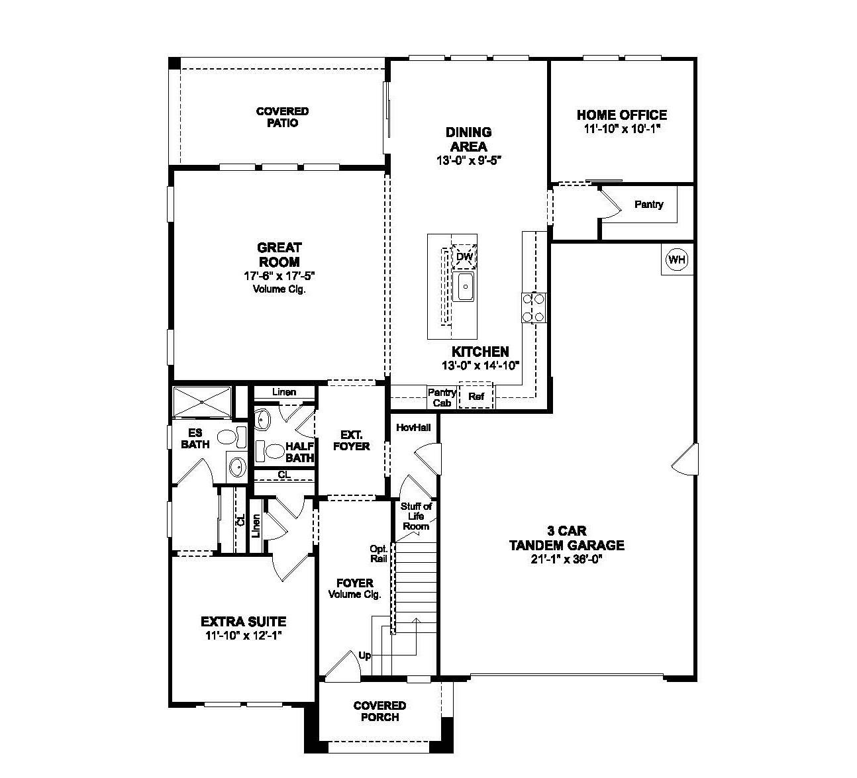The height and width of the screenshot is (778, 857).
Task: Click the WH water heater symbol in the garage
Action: point(676,259)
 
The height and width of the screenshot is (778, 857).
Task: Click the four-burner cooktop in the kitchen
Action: point(534,307)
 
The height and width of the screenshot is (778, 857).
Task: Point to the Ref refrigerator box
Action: point(476,397)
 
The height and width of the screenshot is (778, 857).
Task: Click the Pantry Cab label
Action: point(442,397)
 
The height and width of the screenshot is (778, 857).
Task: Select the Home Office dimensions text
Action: point(622,130)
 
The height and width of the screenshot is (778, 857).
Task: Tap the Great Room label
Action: point(279,255)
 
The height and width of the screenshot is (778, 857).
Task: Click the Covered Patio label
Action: point(282,117)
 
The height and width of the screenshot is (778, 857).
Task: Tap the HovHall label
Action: point(413,428)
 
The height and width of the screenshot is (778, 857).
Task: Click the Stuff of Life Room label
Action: point(416,516)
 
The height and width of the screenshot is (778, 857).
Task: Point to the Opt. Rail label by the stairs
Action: point(379,554)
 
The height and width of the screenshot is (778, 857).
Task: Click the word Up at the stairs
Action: point(364,656)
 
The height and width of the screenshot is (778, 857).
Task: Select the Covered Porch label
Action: point(379,711)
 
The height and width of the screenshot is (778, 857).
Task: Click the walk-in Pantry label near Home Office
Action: point(648,205)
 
